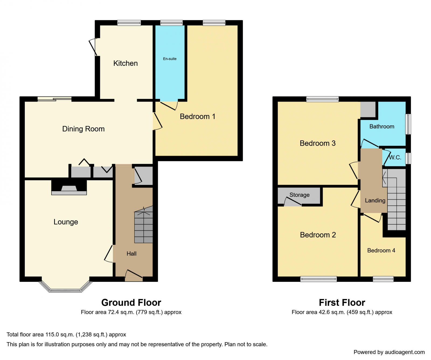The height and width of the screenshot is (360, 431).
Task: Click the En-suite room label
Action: tap(170, 59)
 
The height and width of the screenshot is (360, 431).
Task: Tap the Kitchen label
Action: tap(126, 63)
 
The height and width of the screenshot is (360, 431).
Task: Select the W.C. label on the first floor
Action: tap(395, 157)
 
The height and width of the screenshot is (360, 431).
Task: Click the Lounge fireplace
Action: tap(69, 187)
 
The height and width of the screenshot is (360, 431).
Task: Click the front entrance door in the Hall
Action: tap(134, 276)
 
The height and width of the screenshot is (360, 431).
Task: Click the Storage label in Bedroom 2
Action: tap(300, 195)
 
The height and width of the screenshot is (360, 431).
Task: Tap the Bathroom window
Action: tap(408, 124)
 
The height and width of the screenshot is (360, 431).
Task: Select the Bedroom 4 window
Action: tap(383, 279)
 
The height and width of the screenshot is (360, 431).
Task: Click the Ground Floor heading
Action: tap(131, 303)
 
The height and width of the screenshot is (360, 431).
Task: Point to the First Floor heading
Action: tap(342, 303)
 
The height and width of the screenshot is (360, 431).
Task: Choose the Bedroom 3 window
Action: tap(322, 99)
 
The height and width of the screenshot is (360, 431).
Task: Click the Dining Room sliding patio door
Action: tap(55, 99)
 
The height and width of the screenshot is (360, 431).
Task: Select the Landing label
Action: tap(375, 201)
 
